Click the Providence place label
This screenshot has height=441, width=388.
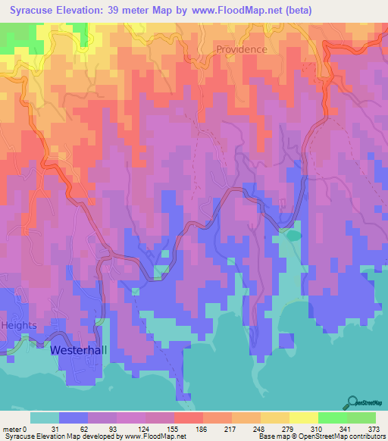pos(241,49)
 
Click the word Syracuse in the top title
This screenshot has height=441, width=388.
pos(36,11)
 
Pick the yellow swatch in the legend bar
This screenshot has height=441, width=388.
pos(303,418)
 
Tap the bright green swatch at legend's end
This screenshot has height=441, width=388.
pos(361,418)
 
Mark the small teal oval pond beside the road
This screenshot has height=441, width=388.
pos(292,236)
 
